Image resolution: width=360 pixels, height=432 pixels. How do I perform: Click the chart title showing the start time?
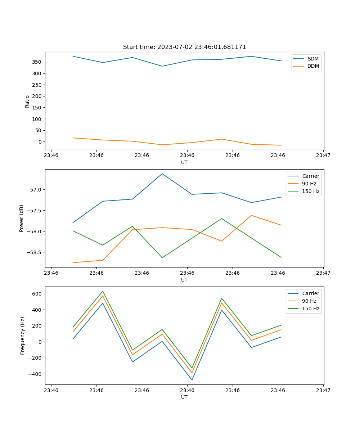click(184, 47)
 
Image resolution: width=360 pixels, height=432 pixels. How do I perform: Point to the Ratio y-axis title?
click(27, 101)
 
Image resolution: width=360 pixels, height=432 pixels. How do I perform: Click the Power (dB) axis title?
click(22, 218)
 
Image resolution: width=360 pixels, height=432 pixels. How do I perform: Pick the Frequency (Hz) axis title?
click(23, 336)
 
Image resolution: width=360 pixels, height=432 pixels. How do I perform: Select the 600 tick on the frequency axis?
click(37, 294)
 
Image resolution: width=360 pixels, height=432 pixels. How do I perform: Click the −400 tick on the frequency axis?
click(36, 374)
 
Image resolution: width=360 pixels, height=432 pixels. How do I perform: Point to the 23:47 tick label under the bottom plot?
click(323, 390)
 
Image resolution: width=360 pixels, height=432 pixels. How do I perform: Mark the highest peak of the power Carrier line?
click(162, 174)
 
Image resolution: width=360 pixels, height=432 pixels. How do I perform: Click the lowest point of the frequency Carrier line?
click(192, 380)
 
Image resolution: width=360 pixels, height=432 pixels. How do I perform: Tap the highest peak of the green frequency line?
click(103, 291)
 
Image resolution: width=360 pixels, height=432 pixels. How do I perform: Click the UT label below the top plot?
click(184, 162)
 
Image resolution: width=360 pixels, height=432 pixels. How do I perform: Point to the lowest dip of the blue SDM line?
click(162, 66)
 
